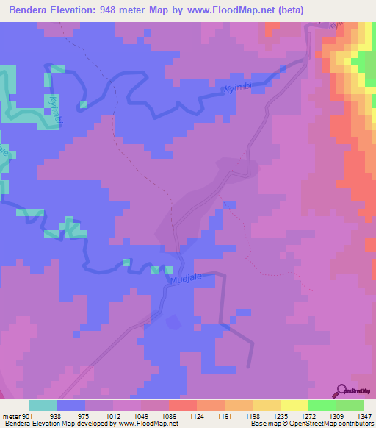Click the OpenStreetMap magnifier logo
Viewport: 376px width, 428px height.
(x=343, y=390)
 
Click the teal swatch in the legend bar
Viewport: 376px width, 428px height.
(x=43, y=405)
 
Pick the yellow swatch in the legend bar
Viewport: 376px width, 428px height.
(x=294, y=405)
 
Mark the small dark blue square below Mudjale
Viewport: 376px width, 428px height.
(x=173, y=322)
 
